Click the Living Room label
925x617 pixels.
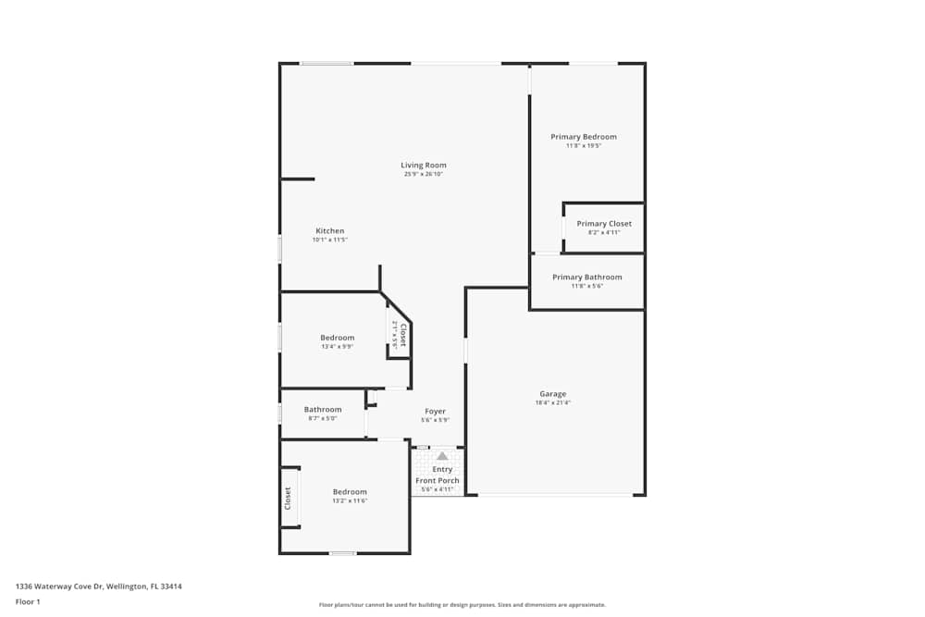coord(424,166)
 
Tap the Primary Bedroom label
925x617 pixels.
coord(584,137)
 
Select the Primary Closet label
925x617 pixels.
coord(604,224)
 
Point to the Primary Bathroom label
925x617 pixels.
coord(587,278)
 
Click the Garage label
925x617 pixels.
coord(553,394)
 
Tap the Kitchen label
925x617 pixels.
coord(330,231)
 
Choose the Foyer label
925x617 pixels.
coord(435,412)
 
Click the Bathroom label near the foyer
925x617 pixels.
coord(323,410)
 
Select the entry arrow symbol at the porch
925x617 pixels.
coord(442,456)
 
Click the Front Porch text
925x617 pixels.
coord(438,481)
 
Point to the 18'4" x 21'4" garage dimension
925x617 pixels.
coord(553,403)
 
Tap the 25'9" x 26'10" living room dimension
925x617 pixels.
coord(424,175)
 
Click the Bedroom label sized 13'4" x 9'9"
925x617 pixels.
coord(338,338)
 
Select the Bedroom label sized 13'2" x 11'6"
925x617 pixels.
coord(350,492)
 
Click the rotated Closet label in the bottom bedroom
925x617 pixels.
coord(288,499)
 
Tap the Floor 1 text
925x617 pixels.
coord(28,601)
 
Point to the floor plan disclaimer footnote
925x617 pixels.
coord(462,605)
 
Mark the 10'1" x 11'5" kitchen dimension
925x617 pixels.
coord(329,241)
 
